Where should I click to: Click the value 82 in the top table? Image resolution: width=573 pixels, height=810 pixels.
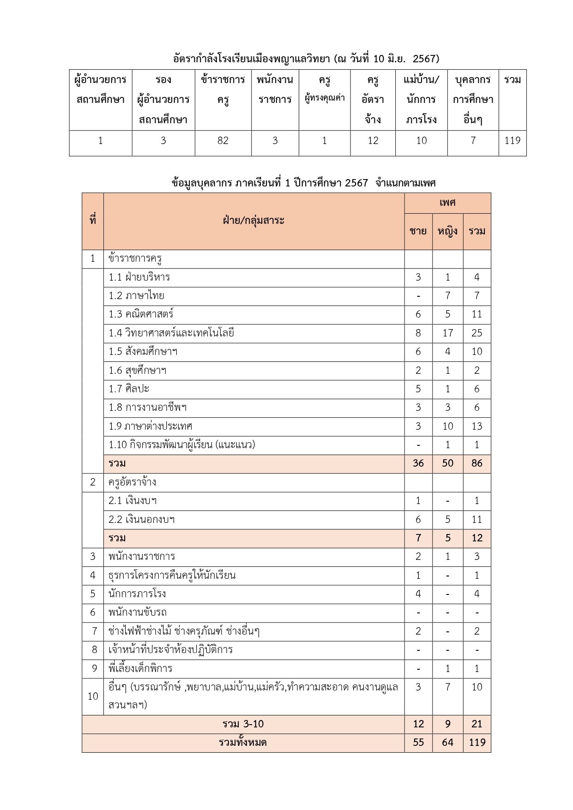[223, 141]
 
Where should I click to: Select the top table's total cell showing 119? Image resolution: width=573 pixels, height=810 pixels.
[513, 141]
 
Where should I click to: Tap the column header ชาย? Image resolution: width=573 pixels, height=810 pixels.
[418, 231]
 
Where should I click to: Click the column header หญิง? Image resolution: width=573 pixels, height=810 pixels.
[447, 231]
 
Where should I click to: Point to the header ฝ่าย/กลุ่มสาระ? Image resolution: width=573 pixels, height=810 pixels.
[253, 221]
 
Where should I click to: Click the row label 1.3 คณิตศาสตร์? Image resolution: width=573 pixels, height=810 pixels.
[141, 314]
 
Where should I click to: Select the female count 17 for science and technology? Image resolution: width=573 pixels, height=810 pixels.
[447, 333]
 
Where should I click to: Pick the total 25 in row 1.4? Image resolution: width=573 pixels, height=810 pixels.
[476, 333]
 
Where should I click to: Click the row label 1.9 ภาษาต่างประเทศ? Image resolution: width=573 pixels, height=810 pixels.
[151, 426]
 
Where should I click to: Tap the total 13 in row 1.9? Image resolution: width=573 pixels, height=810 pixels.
[476, 426]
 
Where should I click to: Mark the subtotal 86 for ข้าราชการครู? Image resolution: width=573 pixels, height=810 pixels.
[476, 463]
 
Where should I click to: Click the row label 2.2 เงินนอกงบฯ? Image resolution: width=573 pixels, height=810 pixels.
[142, 520]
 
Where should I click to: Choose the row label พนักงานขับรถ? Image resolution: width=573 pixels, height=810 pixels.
[138, 612]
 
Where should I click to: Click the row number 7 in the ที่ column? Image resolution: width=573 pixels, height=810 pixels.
[93, 631]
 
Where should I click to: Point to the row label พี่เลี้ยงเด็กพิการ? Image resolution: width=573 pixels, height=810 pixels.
[140, 668]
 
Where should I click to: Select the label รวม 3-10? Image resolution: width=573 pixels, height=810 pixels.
[243, 724]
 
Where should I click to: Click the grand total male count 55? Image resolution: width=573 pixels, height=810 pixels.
[418, 742]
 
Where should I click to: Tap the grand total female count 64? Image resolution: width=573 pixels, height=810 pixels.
[447, 742]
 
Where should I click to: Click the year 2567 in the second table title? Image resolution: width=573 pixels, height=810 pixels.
[356, 183]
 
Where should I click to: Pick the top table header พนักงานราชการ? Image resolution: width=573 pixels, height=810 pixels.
[275, 90]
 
